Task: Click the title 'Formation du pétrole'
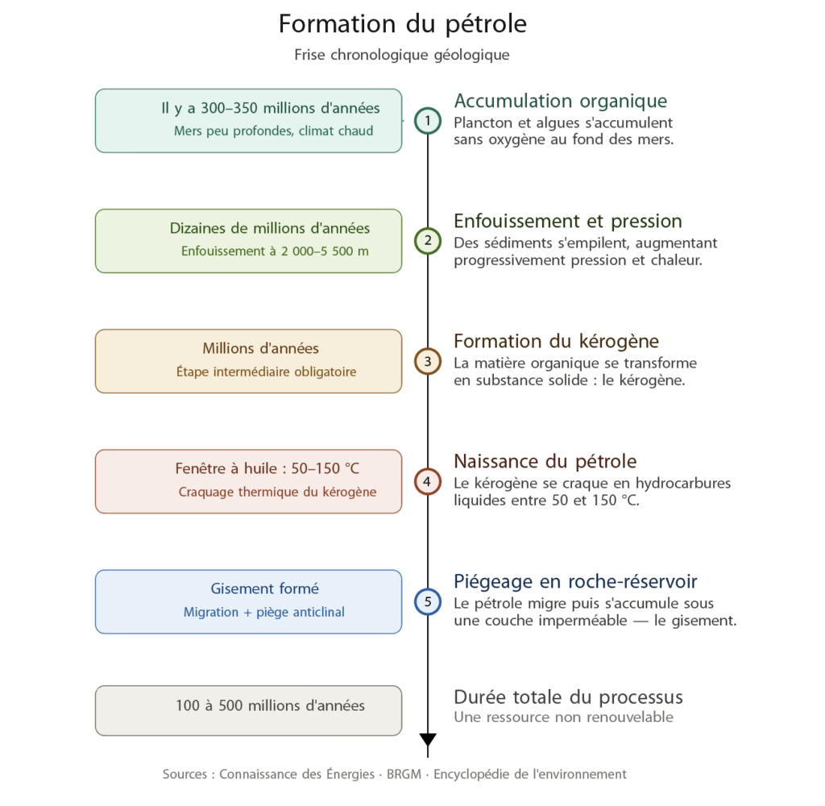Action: [402, 24]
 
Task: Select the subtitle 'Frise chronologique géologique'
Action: [402, 55]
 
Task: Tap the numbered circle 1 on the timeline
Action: [428, 121]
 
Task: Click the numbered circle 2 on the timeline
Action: [428, 241]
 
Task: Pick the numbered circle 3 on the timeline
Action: [428, 361]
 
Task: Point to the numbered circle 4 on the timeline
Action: [428, 482]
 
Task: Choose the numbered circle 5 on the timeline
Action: [428, 602]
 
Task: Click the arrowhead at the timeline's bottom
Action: [428, 740]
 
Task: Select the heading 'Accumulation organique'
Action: [561, 101]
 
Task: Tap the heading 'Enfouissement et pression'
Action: [568, 222]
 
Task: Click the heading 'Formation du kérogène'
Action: [556, 341]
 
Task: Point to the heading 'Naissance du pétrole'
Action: [545, 462]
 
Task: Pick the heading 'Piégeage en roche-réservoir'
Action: [575, 582]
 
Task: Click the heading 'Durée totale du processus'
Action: [568, 697]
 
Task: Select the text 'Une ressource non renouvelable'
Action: [563, 717]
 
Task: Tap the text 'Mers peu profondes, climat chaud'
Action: [274, 131]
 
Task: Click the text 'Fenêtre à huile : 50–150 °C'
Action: [267, 468]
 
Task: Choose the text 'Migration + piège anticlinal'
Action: [264, 613]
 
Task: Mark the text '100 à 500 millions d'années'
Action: [270, 706]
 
